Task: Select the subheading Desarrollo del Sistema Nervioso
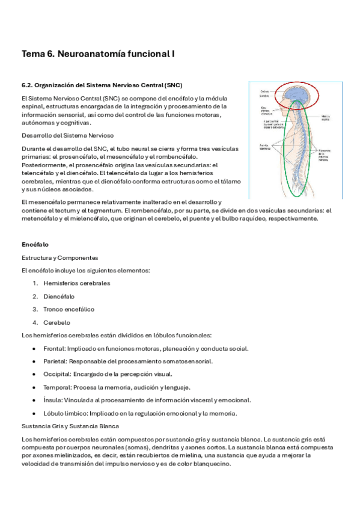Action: (x=67, y=135)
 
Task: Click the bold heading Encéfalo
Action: (x=35, y=245)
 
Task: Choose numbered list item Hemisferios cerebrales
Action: (x=76, y=283)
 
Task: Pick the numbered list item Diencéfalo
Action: (x=59, y=296)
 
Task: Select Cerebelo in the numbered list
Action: (x=57, y=322)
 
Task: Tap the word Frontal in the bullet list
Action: (x=54, y=348)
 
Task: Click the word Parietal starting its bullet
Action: (x=55, y=361)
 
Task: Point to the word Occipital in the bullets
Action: (x=57, y=374)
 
